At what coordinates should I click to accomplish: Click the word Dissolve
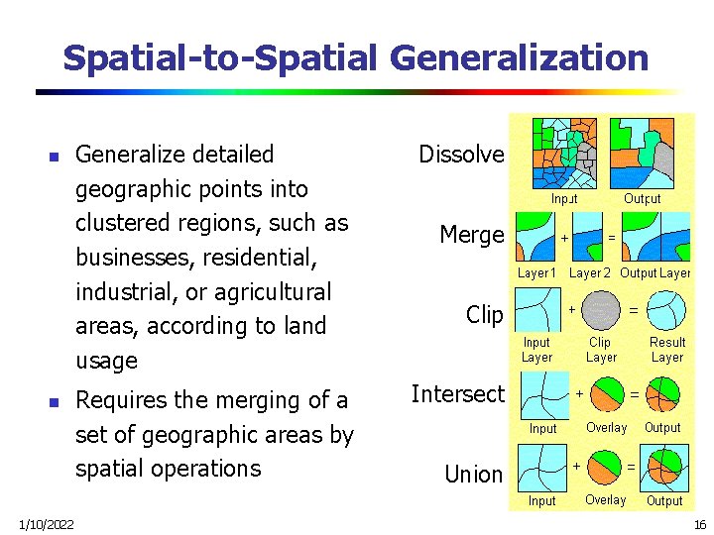[461, 155]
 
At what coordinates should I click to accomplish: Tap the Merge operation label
[472, 235]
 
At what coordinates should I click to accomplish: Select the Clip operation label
[484, 315]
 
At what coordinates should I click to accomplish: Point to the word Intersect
[457, 394]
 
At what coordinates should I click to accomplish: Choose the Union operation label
[473, 475]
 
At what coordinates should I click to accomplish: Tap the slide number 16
[698, 522]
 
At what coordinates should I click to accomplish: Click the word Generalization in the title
[520, 58]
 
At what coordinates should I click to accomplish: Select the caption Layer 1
[537, 272]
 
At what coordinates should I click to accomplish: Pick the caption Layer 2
[591, 272]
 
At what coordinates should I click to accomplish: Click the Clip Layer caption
[601, 350]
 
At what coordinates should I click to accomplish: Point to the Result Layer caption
[667, 350]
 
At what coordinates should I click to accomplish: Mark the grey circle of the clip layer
[600, 311]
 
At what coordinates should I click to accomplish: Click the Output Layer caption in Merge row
[655, 272]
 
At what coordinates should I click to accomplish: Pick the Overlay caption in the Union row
[605, 500]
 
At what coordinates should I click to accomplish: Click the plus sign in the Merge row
[564, 238]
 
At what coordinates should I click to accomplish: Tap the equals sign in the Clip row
[634, 309]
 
